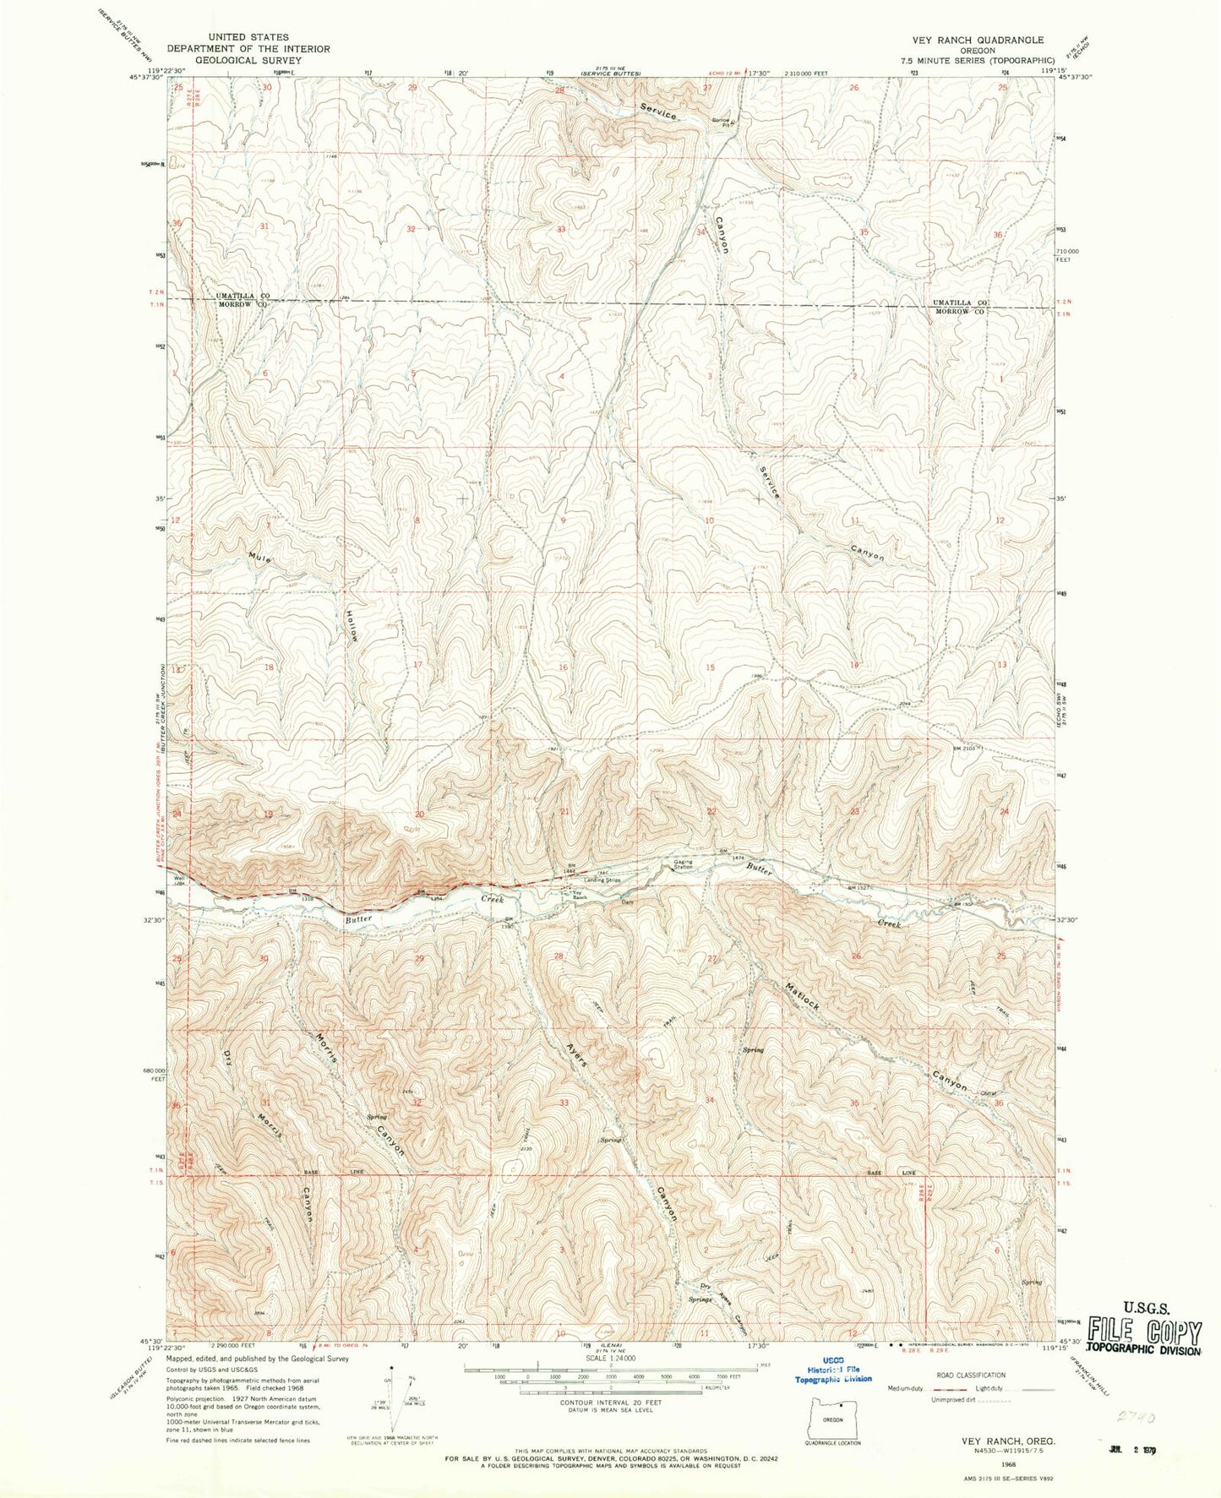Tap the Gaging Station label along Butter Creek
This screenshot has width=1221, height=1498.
pos(683,865)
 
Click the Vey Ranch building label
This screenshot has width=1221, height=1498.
pos(579,896)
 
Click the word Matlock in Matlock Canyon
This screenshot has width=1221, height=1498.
pos(802,998)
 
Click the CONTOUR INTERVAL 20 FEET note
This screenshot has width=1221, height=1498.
pos(610,1402)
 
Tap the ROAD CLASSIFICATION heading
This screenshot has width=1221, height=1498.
pos(970,1375)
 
